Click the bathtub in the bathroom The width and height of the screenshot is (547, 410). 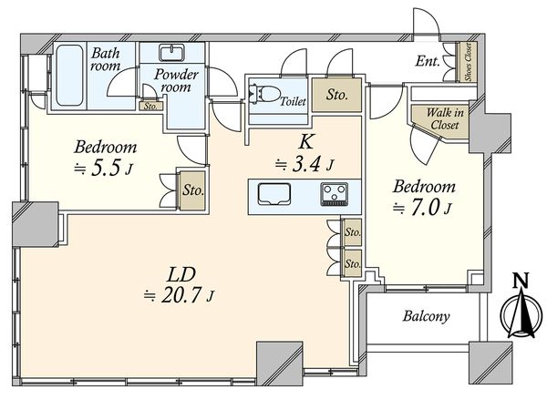pos(70,75)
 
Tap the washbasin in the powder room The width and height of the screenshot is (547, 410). pos(171,52)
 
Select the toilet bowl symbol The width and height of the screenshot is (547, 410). pos(265,94)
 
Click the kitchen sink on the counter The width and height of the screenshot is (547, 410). pos(274,194)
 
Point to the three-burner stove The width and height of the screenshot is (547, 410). pos(335,194)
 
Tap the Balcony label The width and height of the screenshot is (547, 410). pos(426,316)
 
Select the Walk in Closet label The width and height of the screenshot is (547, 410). pos(445,118)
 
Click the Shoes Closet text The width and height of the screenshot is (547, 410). pos(469,62)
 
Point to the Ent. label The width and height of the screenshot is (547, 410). pos(428,61)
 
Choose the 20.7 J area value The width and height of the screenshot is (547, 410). pos(180,296)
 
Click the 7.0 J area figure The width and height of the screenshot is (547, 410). pos(422,208)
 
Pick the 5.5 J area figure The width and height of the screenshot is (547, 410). pos(104,169)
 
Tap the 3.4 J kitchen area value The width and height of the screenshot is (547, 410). pos(304,165)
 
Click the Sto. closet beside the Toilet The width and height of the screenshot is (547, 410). pos(336,95)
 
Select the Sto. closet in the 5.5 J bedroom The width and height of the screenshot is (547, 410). pos(193,190)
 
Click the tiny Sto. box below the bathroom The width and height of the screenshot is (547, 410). pos(150,106)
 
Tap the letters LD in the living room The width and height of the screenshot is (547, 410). pos(181,275)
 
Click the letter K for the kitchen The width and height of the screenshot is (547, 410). pos(305,142)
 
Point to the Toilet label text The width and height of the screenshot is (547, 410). pos(293,101)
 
